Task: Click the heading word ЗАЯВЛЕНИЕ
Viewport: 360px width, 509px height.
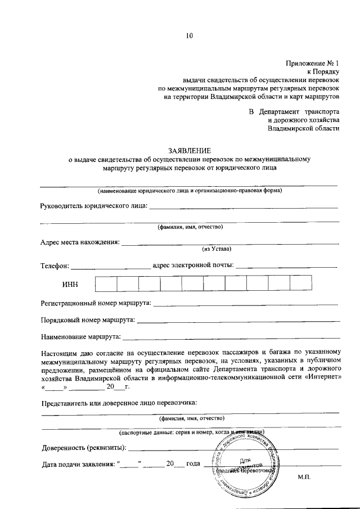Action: (190, 150)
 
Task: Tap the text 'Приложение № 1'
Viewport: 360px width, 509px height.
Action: (312, 62)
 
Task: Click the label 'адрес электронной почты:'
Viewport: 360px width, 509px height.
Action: (193, 265)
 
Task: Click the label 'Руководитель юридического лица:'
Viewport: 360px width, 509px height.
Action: (94, 206)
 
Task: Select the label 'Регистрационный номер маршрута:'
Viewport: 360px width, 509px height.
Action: (96, 303)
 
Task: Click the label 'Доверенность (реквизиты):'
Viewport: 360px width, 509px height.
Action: (84, 448)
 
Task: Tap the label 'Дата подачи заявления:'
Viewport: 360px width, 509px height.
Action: (78, 465)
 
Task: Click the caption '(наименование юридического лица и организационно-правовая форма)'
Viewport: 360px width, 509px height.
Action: (189, 190)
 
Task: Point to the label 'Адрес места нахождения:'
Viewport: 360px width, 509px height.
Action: (80, 242)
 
